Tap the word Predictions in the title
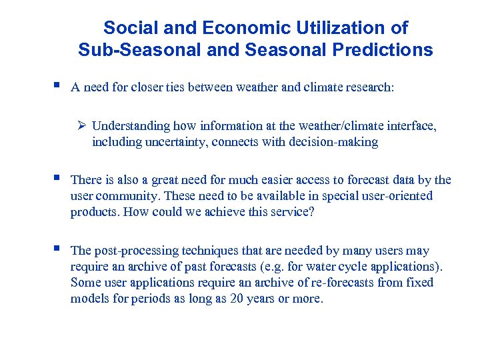coord(382,50)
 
